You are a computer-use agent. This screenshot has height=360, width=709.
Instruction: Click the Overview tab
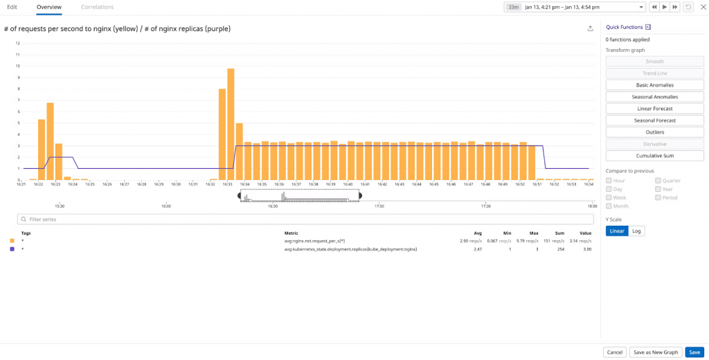49,7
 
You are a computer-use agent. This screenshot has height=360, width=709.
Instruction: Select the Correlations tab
97,7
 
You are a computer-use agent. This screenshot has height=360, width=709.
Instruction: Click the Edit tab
12,7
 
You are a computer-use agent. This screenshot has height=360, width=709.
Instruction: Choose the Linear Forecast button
654,109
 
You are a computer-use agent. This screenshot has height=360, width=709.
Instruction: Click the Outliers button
654,132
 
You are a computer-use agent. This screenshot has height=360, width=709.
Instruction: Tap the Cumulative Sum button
654,156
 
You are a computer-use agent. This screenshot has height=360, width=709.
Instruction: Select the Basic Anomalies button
654,85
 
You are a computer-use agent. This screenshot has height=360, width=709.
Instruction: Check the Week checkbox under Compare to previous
609,198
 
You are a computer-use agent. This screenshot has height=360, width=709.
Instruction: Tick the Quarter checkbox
658,181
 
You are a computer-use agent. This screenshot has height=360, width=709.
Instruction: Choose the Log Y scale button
636,231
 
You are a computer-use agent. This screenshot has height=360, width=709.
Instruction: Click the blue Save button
694,352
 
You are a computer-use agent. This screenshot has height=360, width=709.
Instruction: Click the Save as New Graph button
656,352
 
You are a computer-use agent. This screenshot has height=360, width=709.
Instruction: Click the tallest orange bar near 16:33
231,125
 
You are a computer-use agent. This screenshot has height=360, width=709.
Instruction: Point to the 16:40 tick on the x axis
348,184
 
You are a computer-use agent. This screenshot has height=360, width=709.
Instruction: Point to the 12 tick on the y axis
18,43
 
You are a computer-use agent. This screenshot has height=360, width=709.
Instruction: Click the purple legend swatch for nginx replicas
12,249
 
